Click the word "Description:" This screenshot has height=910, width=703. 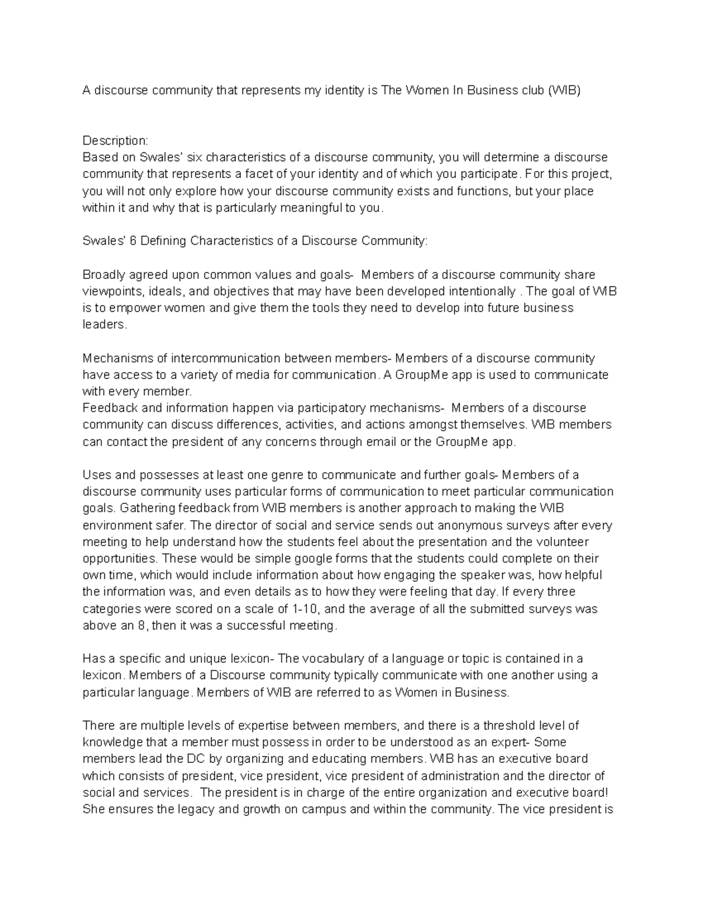click(x=115, y=141)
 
